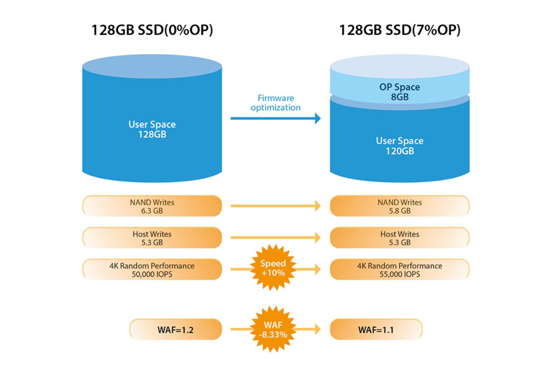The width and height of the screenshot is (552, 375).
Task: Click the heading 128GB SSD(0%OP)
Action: pyautogui.click(x=152, y=31)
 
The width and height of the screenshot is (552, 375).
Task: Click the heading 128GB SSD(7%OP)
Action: pyautogui.click(x=399, y=31)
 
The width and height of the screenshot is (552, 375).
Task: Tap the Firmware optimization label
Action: pyautogui.click(x=276, y=103)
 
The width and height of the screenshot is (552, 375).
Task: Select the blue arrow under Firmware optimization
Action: pyautogui.click(x=276, y=118)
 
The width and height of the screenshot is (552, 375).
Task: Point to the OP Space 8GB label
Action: pyautogui.click(x=399, y=92)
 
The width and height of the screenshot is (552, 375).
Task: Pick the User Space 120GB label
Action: pyautogui.click(x=399, y=146)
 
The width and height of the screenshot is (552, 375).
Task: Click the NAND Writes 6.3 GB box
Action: pyautogui.click(x=152, y=206)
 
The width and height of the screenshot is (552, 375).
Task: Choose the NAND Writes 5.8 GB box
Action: pyautogui.click(x=399, y=206)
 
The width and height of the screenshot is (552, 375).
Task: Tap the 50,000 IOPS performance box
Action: pyautogui.click(x=152, y=270)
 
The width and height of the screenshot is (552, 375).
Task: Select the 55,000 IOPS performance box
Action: pyautogui.click(x=399, y=270)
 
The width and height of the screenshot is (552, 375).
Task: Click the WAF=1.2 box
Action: pyautogui.click(x=176, y=330)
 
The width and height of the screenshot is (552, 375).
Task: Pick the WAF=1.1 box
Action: pyautogui.click(x=376, y=330)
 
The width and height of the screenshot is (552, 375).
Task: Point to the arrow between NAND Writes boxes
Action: pyautogui.click(x=276, y=206)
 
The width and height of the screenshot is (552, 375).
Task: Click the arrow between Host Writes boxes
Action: pyautogui.click(x=276, y=238)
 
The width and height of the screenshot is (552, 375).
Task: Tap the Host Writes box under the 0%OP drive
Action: pyautogui.click(x=152, y=238)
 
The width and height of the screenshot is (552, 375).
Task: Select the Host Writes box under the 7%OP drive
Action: pyautogui.click(x=399, y=238)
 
